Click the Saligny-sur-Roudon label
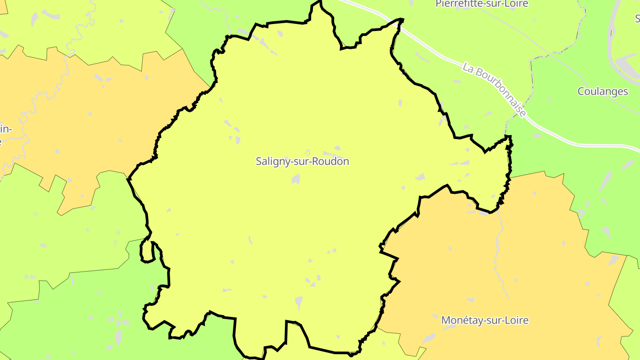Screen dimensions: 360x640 (302, 161)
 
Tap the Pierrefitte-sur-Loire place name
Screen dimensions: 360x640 (476, 4)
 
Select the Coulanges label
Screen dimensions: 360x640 (602, 92)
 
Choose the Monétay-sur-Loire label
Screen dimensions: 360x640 (484, 320)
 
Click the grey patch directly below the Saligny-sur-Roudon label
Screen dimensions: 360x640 (296, 179)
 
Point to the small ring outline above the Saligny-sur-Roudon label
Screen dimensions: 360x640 (308, 152)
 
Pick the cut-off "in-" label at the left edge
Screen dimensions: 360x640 (5, 129)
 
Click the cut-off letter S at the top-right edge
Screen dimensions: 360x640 (637, 19)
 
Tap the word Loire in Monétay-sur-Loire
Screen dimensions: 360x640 (515, 320)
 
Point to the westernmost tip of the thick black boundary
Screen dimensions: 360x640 (128, 179)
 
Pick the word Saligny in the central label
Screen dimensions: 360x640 (272, 161)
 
